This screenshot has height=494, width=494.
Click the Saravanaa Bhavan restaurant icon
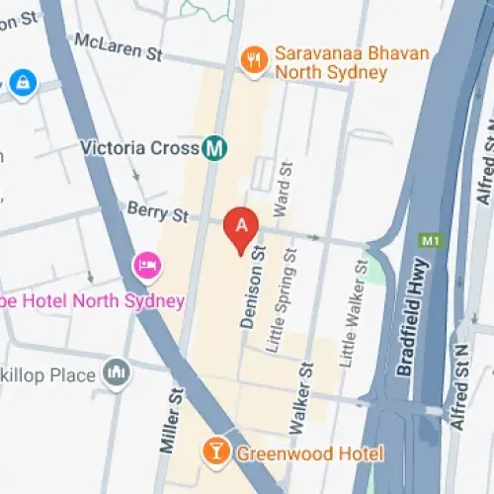254,61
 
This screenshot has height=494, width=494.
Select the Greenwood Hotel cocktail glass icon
213,453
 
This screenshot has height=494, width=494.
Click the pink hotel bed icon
146,265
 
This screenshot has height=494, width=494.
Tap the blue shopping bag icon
20,83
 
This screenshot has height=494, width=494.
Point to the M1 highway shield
428,241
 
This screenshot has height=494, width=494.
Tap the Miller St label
173,421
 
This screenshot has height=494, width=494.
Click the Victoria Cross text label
140,148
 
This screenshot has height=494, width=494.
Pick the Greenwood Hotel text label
308,453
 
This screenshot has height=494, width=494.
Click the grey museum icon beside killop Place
117,373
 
